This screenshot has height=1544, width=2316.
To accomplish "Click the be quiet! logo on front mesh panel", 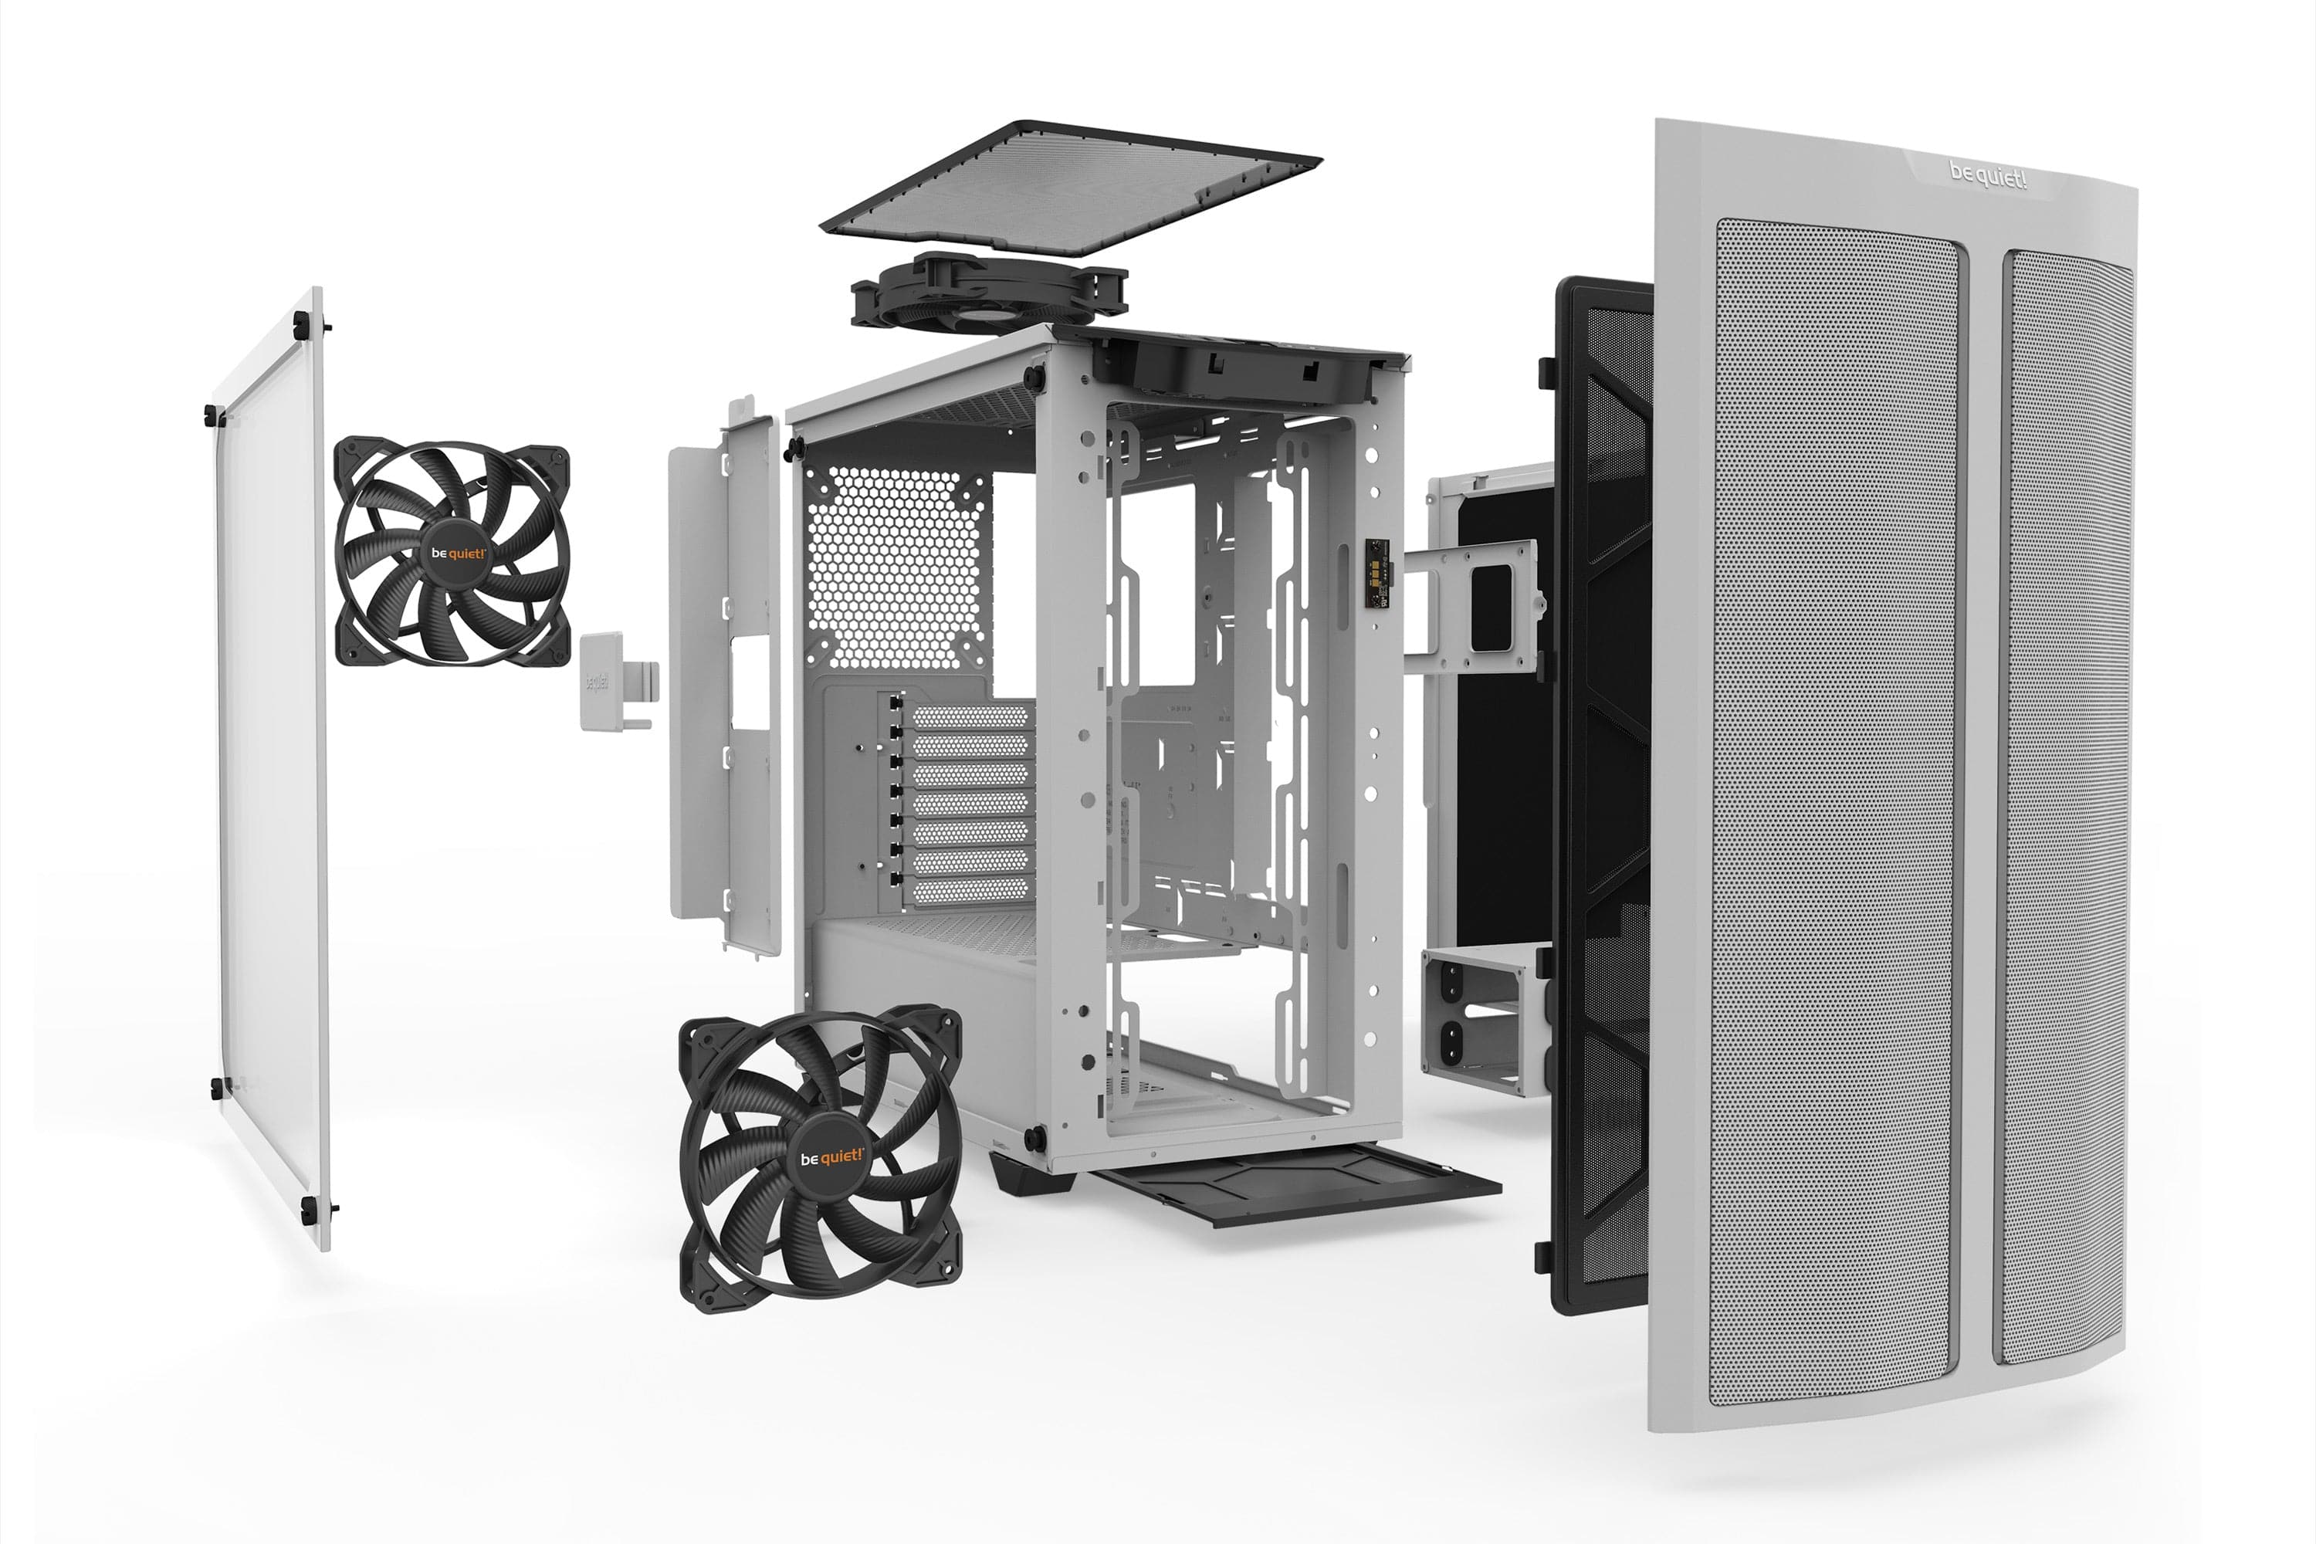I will pos(1988,178).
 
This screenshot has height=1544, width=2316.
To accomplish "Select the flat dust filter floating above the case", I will pos(1070,187).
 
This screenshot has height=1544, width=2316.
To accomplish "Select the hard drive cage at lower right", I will pos(1482,1019).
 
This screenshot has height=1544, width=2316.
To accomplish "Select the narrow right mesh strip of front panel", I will pos(2068,808).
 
